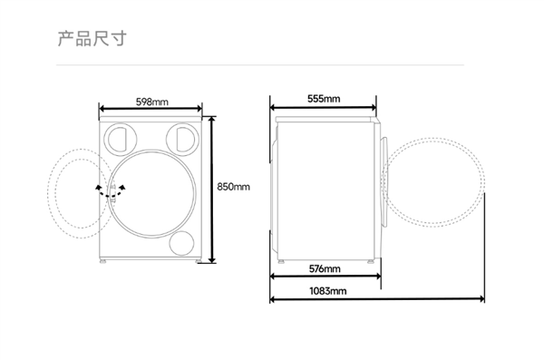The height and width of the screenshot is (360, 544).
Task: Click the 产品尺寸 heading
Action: coord(92,38)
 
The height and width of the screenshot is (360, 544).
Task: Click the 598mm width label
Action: coord(152,102)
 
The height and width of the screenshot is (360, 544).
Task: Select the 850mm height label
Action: coord(233,187)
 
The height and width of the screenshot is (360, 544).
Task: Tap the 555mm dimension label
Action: coord(324,99)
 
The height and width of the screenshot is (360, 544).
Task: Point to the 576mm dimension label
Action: coord(325,268)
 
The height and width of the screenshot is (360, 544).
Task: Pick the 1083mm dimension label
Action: coord(328,290)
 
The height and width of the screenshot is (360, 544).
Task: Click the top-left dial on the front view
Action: coord(120,139)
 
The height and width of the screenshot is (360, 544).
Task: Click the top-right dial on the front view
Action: coord(182,139)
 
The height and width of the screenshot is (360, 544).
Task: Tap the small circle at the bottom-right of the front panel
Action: coord(182,243)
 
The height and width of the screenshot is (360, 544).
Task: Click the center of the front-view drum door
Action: coord(151,194)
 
